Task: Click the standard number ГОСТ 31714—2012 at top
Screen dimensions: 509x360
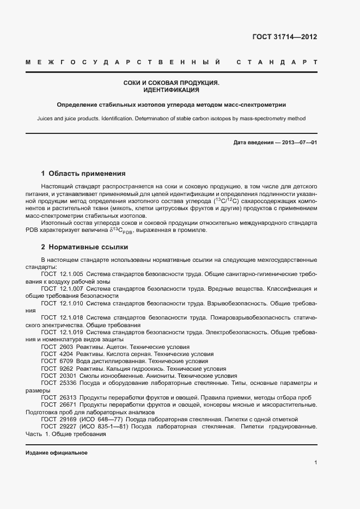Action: point(284,38)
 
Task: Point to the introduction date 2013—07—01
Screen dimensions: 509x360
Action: point(300,143)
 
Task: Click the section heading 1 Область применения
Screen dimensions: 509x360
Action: point(83,174)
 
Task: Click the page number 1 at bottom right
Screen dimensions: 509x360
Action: point(315,463)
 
